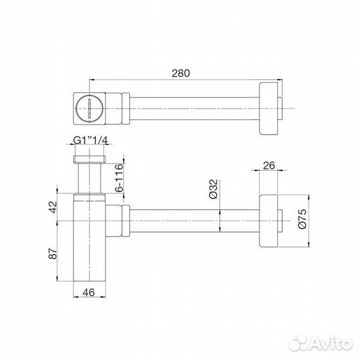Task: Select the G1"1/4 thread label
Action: (91, 141)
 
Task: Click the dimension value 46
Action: (88, 292)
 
